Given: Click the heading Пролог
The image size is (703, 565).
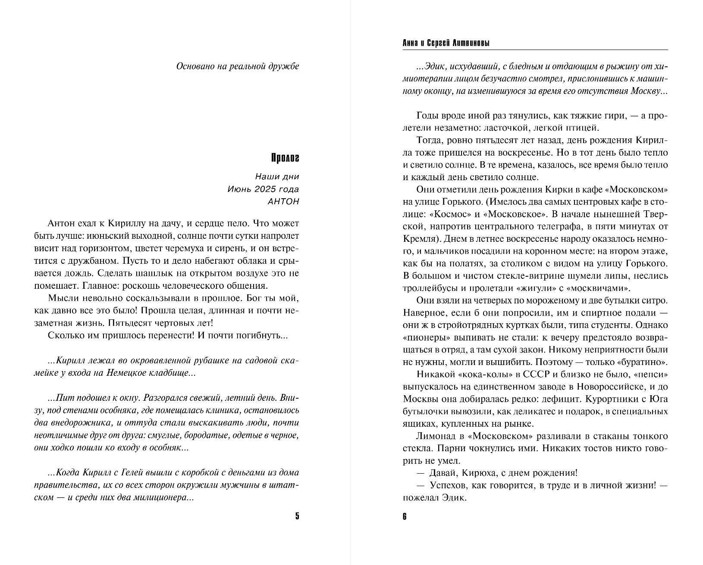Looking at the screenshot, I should [x=285, y=158].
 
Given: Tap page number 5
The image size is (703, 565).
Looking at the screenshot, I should [x=297, y=516].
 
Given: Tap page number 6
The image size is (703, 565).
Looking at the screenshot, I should [x=405, y=516].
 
